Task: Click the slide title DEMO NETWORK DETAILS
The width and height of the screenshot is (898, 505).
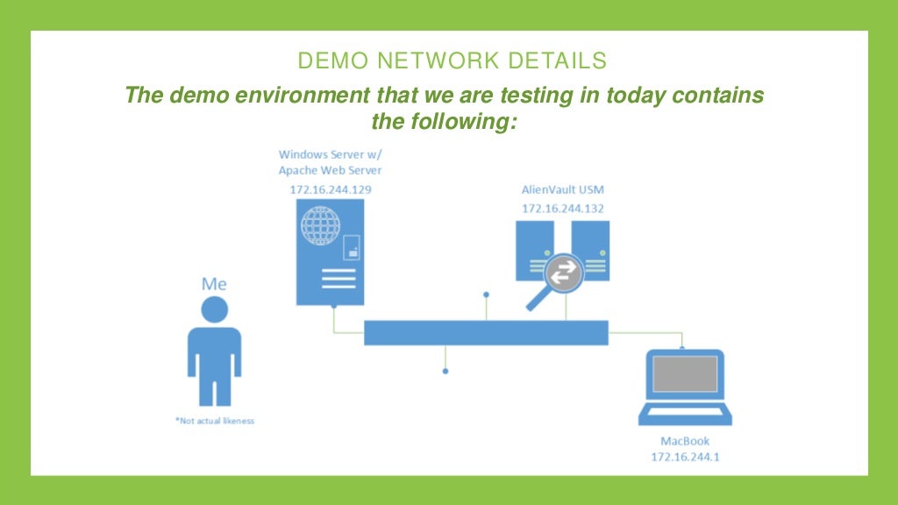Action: (x=452, y=60)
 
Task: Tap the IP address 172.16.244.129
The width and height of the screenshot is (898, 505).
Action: (x=330, y=189)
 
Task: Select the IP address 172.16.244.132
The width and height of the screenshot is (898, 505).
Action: (x=562, y=209)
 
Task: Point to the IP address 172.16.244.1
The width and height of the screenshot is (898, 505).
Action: (x=685, y=457)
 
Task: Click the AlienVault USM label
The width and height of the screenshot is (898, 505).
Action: (x=562, y=190)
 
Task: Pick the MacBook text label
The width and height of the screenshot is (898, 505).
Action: (x=685, y=441)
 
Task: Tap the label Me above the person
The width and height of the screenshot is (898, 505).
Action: (x=214, y=283)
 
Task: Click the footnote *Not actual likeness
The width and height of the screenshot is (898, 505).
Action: (x=215, y=421)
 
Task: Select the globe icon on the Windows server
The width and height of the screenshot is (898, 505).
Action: (x=320, y=228)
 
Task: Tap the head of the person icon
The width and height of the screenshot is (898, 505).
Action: (x=214, y=309)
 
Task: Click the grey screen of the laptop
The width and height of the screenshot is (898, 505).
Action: (x=686, y=374)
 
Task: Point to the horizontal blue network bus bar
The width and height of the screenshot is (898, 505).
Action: (x=486, y=333)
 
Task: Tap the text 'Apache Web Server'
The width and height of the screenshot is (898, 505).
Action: (x=330, y=170)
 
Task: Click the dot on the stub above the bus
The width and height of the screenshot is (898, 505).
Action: (x=486, y=295)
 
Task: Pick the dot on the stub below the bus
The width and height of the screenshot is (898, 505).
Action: (x=445, y=372)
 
